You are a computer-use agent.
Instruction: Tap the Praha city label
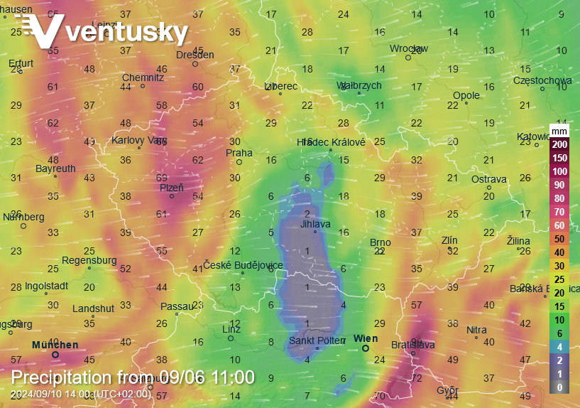(239, 153)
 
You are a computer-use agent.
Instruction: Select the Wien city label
(366, 339)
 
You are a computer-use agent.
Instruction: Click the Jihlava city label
(315, 224)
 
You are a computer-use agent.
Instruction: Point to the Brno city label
(381, 243)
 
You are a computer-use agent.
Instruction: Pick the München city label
(55, 345)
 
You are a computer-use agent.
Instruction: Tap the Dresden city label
(195, 55)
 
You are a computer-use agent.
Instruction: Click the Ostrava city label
(489, 179)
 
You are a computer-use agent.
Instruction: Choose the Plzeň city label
(171, 188)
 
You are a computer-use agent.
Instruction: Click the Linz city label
(231, 329)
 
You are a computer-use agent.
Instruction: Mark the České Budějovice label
(244, 265)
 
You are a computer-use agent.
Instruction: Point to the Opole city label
(466, 95)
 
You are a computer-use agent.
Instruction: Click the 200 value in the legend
(559, 144)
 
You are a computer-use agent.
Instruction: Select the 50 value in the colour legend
(559, 239)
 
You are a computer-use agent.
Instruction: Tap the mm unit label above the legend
(559, 131)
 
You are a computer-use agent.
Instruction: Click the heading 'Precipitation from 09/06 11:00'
(133, 377)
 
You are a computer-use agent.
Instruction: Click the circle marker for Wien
(366, 348)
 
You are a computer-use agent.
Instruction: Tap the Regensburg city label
(89, 260)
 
